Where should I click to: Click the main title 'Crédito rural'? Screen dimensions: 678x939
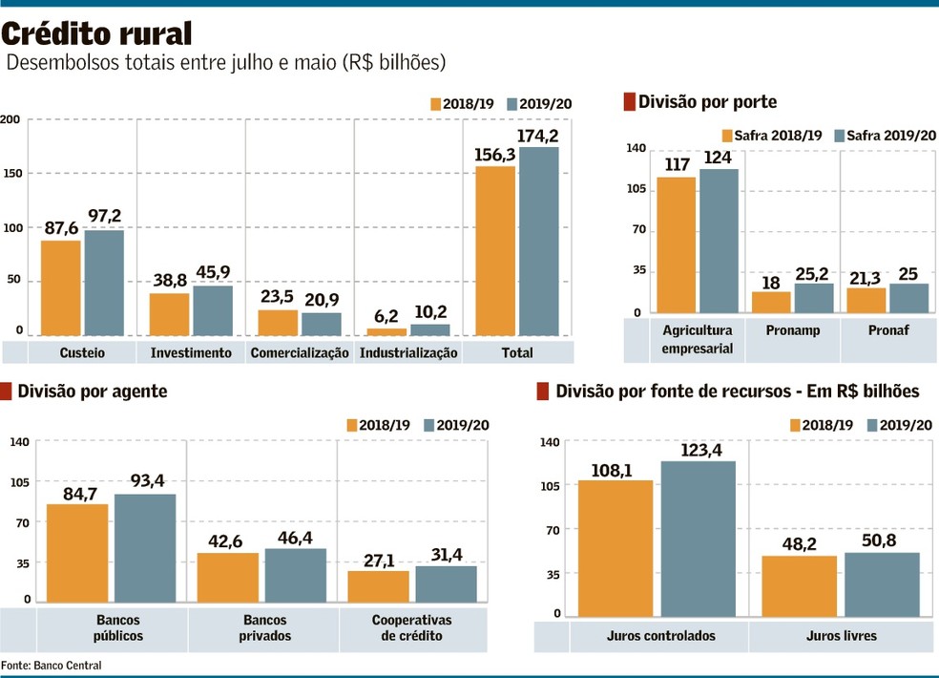(x=97, y=33)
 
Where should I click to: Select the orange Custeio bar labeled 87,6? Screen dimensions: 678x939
(x=60, y=287)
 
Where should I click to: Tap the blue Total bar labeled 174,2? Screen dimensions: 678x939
(x=539, y=241)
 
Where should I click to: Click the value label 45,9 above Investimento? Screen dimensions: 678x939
(x=213, y=272)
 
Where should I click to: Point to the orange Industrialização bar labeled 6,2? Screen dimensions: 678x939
(x=386, y=331)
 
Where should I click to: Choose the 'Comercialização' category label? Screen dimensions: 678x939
(x=300, y=352)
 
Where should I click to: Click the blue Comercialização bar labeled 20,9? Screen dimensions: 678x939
(x=322, y=324)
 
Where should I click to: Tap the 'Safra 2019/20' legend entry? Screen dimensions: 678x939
(x=885, y=136)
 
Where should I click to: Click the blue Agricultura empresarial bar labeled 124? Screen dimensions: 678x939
(x=720, y=241)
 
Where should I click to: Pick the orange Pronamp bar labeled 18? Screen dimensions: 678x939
(x=771, y=302)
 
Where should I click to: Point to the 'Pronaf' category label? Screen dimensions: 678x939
(x=888, y=330)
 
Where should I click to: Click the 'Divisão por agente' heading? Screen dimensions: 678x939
(x=92, y=391)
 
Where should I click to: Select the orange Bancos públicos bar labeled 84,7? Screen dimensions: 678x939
(x=77, y=553)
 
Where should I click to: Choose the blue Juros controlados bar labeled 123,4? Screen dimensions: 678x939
(x=699, y=540)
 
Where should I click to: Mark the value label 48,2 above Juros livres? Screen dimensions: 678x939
(x=799, y=540)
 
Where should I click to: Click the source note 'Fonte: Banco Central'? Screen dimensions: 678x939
(x=51, y=665)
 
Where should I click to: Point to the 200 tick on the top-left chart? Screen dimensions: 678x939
(x=11, y=119)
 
